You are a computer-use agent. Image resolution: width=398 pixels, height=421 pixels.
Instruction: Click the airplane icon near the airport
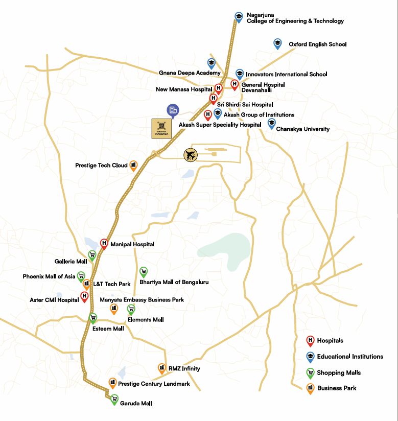191,155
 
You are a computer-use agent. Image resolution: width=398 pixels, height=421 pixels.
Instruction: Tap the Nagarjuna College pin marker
238,17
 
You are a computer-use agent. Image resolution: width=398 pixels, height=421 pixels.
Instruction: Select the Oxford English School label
317,44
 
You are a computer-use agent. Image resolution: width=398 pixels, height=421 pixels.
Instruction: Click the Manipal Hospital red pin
104,244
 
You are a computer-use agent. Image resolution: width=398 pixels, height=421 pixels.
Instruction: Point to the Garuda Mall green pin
114,400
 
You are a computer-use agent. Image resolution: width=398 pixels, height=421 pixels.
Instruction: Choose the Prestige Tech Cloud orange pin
134,166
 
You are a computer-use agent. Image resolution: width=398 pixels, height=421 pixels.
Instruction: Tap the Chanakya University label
302,129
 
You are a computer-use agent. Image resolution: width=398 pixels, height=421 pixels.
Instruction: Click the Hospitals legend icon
310,341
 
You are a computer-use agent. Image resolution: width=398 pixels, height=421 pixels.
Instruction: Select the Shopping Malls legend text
339,372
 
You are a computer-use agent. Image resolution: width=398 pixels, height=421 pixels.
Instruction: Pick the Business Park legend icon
310,388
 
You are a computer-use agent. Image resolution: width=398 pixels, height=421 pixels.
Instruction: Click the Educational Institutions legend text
350,357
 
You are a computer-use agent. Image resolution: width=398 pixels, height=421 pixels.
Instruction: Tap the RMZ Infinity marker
162,368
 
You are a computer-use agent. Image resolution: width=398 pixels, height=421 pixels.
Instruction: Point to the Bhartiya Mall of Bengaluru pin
144,272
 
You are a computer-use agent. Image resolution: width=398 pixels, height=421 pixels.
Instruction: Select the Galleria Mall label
71,261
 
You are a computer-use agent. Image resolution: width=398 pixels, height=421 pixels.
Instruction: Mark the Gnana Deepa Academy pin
211,63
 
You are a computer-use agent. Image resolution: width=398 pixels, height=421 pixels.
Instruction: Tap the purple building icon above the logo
173,110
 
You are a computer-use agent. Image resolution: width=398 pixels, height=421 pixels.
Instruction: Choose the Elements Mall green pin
131,309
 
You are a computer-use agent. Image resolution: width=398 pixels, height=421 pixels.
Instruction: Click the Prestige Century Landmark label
154,384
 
